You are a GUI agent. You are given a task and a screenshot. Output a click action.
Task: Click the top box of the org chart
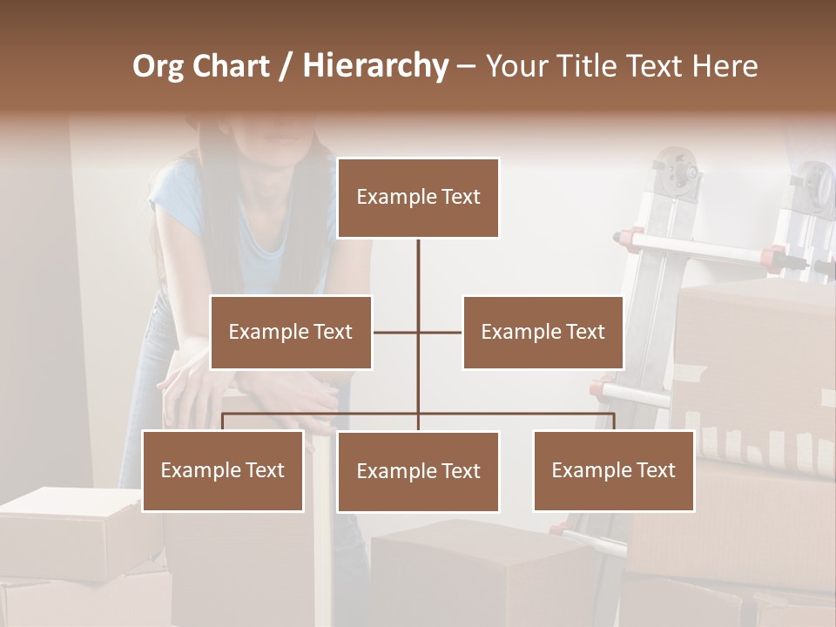(x=418, y=198)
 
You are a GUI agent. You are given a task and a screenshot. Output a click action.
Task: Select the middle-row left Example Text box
(x=291, y=332)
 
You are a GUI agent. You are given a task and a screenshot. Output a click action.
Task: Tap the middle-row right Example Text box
(x=543, y=332)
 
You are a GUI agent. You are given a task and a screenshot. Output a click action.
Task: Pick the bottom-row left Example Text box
(x=223, y=470)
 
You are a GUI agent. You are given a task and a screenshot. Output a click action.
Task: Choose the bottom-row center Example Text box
(x=418, y=471)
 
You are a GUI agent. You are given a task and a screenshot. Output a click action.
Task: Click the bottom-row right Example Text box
(x=613, y=470)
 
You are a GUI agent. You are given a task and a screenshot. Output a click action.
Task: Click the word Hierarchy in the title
(x=375, y=66)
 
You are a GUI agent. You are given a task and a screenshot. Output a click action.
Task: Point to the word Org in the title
(x=158, y=66)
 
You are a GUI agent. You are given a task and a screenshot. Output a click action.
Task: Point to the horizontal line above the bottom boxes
(x=522, y=414)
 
